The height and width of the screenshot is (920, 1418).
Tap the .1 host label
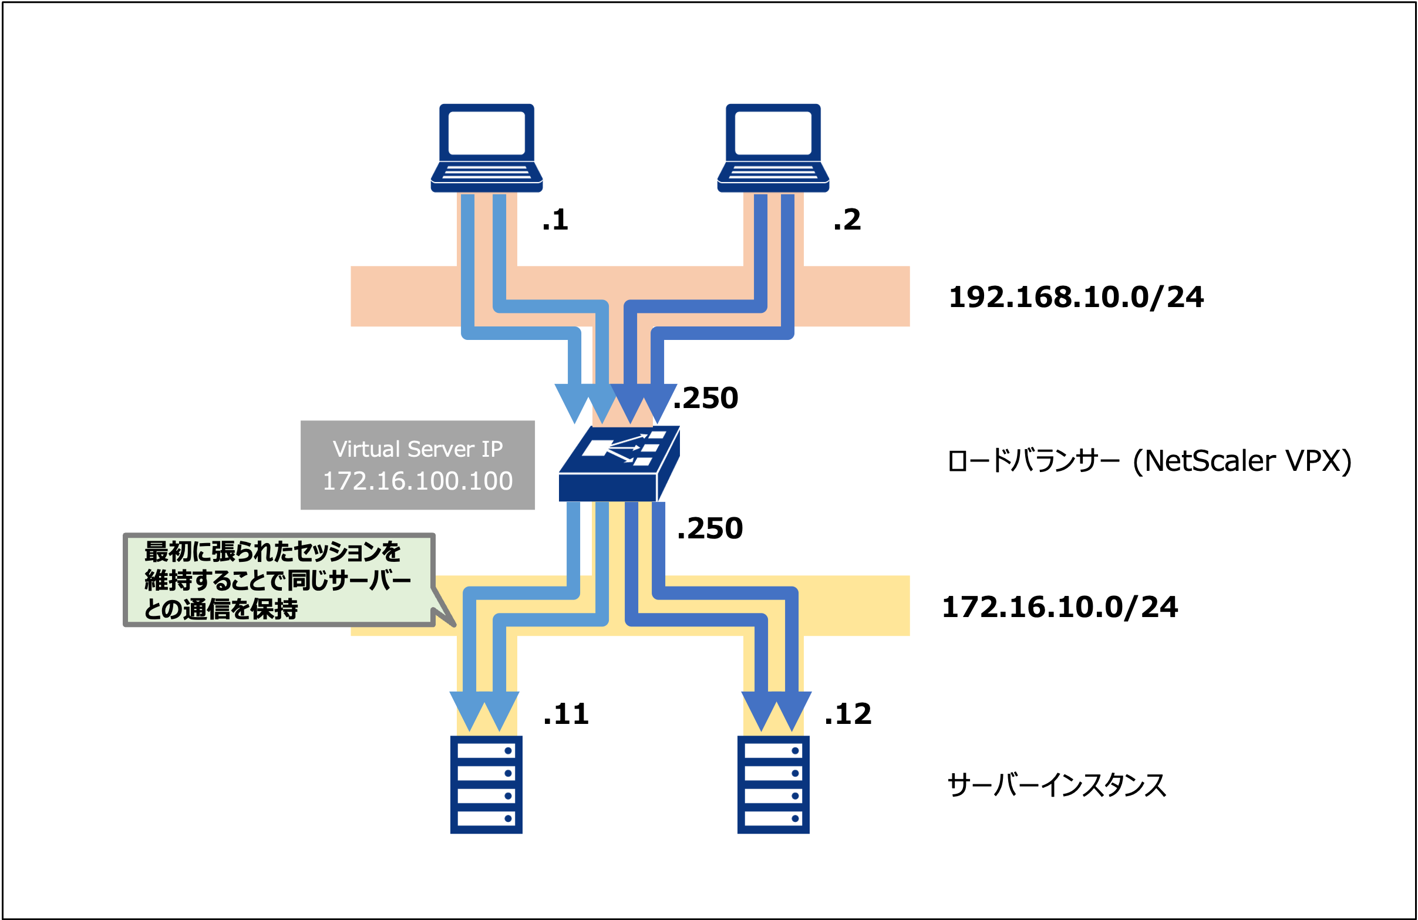(555, 220)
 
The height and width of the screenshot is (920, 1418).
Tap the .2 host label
(847, 220)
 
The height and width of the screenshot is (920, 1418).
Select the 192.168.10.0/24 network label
(1076, 297)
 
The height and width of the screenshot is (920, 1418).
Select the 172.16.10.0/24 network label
(1059, 607)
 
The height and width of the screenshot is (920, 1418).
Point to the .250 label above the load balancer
(705, 398)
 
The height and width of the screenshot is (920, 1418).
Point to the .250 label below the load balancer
(710, 528)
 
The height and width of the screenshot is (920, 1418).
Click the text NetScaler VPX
(1242, 461)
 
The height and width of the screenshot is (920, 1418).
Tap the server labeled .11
(486, 784)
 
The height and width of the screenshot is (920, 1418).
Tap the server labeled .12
(773, 784)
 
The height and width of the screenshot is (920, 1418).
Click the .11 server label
(566, 714)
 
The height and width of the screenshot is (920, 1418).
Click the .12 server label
(848, 714)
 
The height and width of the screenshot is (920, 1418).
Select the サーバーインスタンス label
(1056, 786)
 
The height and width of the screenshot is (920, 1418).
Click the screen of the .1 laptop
(486, 133)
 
